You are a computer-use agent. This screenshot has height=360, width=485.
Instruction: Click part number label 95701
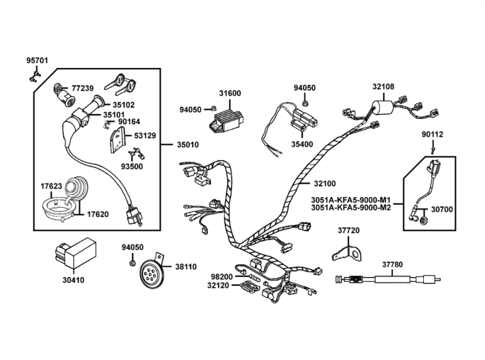pyautogui.click(x=37, y=61)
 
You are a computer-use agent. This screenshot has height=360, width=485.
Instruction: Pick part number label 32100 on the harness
pyautogui.click(x=325, y=183)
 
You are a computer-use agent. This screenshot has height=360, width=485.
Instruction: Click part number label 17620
pyautogui.click(x=98, y=214)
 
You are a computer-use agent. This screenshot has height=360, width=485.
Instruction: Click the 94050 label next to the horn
pyautogui.click(x=133, y=247)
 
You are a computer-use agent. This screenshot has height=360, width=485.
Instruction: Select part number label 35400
pyautogui.click(x=303, y=145)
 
